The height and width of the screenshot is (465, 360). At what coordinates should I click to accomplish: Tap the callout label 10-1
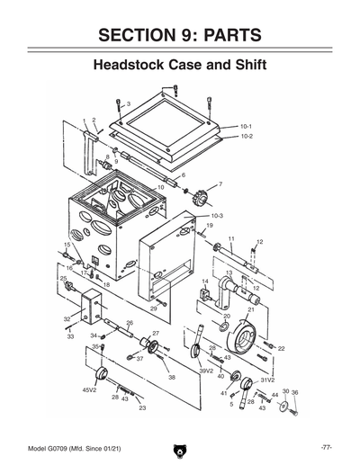coord(245,127)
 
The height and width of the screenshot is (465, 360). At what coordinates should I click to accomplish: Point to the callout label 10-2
coord(245,137)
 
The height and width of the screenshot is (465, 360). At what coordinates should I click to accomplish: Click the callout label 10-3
coord(216,216)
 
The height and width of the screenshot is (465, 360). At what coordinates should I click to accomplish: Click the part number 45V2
coord(90,390)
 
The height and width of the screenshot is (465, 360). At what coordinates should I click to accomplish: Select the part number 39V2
coord(206,370)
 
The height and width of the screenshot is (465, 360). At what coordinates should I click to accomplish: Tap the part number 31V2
coord(266,380)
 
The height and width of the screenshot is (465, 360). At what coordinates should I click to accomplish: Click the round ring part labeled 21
coord(240,340)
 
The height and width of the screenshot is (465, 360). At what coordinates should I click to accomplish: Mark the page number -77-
coord(328,447)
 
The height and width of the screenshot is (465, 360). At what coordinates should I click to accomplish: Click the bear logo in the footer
coord(179,450)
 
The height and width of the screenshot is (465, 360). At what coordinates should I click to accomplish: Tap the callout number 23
coord(141,408)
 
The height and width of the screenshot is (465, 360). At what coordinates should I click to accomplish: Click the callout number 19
coord(209,226)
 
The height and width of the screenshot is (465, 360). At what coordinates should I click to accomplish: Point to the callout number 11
coord(230,238)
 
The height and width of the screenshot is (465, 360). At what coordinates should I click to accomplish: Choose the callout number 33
coord(70,336)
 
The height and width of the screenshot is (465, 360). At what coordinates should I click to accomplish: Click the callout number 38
coord(171,378)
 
